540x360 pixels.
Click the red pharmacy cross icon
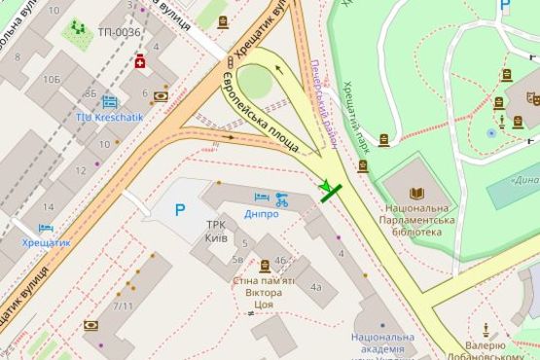(140, 62)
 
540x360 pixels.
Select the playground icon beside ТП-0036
(76, 31)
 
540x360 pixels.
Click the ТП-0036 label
(119, 33)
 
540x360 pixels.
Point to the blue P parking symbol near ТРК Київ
(180, 208)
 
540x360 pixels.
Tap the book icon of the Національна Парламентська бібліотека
(416, 193)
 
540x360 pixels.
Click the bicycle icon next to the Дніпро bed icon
(281, 199)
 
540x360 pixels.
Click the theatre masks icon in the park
(533, 99)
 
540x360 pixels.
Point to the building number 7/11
(123, 306)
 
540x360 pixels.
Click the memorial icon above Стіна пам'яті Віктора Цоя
(265, 265)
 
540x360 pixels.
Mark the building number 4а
(316, 287)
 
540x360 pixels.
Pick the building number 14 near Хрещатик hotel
(47, 206)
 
